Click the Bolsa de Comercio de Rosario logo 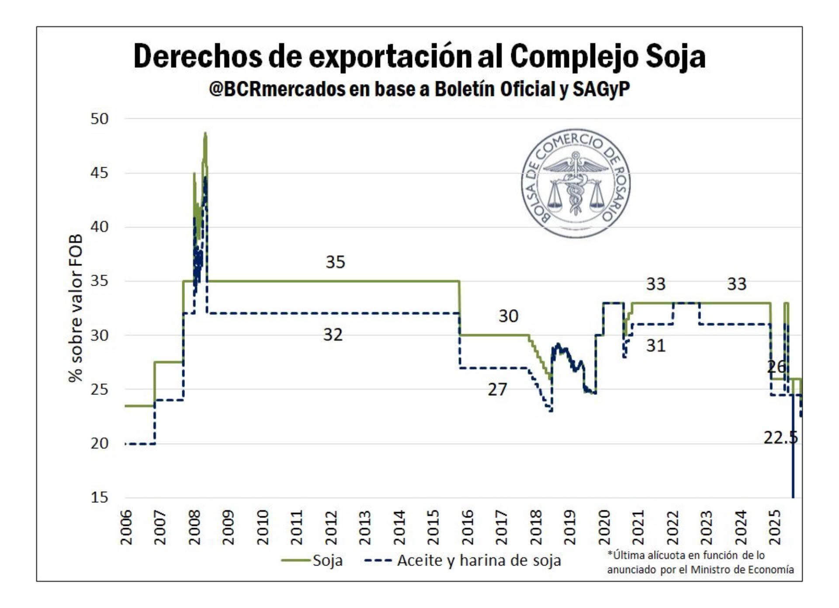point(576,183)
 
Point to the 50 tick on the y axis point(99,119)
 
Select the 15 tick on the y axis point(99,497)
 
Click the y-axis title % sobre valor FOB point(75,308)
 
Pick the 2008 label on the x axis point(194,527)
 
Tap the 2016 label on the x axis point(467,527)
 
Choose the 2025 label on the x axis point(774,527)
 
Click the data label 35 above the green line point(335,262)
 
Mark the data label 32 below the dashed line point(333,335)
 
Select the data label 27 point(497,390)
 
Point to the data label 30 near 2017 point(508,316)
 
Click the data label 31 point(655,346)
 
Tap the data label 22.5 point(780,437)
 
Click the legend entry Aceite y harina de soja point(478,560)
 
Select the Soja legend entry point(327,560)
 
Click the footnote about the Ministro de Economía point(700,563)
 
